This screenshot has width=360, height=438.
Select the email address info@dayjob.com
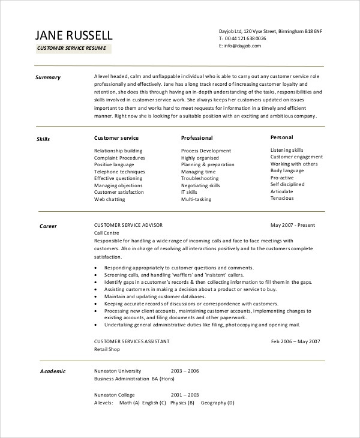(x=244, y=46)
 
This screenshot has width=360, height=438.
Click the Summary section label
(x=47, y=77)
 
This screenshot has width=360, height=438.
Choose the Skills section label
(x=44, y=139)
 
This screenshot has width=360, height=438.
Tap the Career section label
(x=48, y=227)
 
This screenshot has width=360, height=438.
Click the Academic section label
(x=52, y=371)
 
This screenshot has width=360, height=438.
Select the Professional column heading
(x=197, y=138)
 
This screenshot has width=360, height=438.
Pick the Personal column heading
(x=282, y=137)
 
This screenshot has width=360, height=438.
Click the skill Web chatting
(x=110, y=199)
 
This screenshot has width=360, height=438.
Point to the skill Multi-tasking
(x=196, y=199)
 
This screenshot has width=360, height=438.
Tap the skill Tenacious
(x=282, y=198)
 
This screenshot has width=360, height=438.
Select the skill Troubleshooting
(x=200, y=178)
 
